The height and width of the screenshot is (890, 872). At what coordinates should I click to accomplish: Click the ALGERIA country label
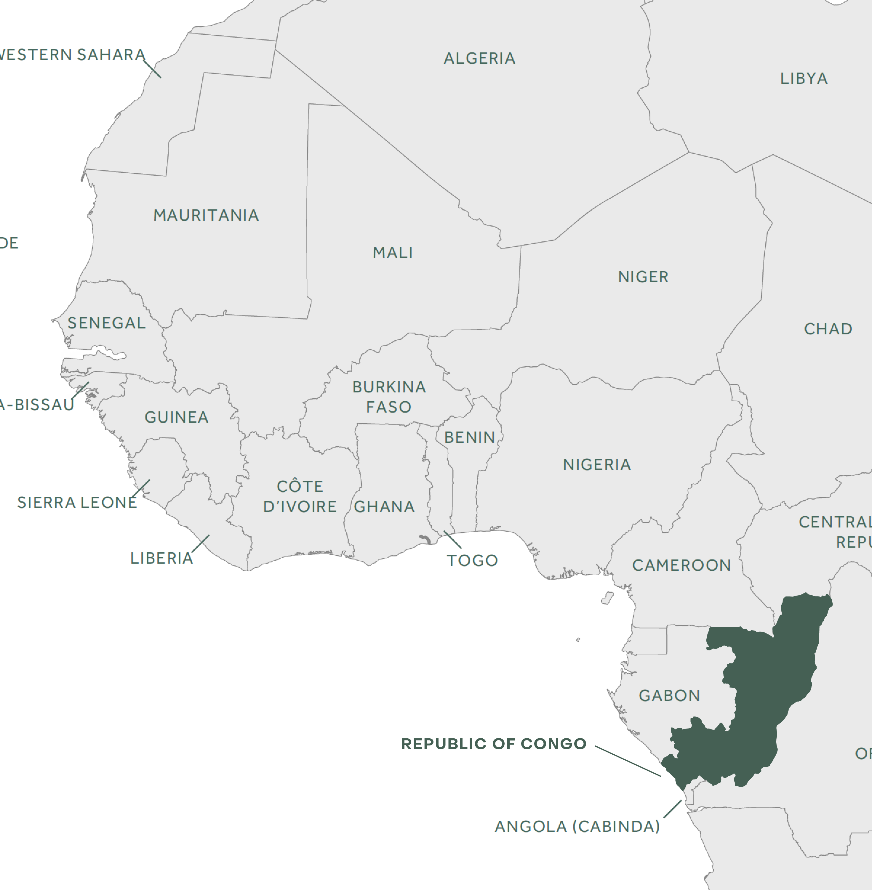479,59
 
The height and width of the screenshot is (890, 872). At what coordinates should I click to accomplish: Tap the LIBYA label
804,79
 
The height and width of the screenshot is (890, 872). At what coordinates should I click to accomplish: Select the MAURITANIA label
206,215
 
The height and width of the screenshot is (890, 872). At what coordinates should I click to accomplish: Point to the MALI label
393,253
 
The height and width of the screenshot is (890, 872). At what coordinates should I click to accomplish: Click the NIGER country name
643,277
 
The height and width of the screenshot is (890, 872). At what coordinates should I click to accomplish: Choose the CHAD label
828,329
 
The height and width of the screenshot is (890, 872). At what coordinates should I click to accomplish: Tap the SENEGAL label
106,323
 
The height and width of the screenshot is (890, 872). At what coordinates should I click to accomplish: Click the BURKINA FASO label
389,397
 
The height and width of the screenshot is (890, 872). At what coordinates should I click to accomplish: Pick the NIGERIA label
597,465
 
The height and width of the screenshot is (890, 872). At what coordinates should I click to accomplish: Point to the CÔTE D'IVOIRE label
300,497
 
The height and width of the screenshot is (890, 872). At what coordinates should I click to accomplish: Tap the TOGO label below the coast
472,560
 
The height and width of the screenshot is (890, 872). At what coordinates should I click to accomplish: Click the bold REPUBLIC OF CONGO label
494,744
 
